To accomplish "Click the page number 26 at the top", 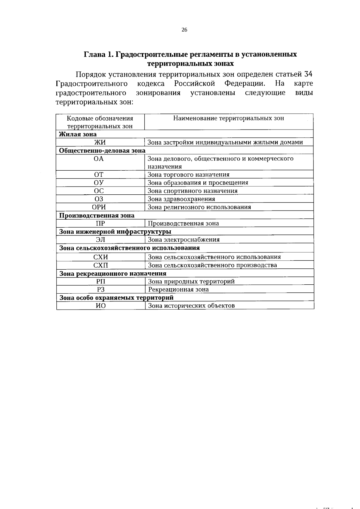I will click(x=184, y=30).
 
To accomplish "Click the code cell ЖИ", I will click(x=100, y=142).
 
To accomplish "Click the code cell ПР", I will click(x=100, y=223).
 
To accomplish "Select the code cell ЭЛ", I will click(x=100, y=240).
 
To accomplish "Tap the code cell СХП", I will click(x=100, y=265).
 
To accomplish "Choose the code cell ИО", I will click(x=100, y=306).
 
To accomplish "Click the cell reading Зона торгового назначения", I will click(x=188, y=175).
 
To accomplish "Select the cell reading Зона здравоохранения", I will click(x=181, y=199).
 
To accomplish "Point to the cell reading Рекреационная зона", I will click(x=178, y=289).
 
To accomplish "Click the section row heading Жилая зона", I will click(x=78, y=134).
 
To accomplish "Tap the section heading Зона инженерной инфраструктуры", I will click(x=115, y=232).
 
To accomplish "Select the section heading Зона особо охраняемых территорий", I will click(x=116, y=298).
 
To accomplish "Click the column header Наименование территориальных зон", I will click(x=229, y=118).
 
